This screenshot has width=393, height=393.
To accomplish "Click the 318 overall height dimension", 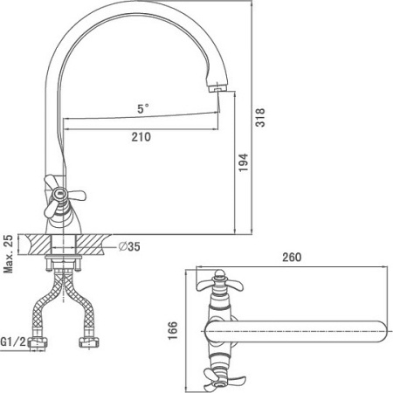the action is (260, 117).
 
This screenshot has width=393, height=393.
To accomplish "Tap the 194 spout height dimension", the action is (244, 162).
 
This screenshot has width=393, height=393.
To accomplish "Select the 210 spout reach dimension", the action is (141, 137).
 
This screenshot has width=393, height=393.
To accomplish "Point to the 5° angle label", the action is (143, 108).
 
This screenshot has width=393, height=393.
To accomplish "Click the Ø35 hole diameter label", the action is (129, 246).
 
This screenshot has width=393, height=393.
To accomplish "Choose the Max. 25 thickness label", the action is (9, 254).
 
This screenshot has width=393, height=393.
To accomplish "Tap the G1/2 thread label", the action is (13, 341).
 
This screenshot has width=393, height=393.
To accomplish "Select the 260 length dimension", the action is (292, 257).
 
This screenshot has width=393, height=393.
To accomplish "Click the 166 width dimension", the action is (172, 330).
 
